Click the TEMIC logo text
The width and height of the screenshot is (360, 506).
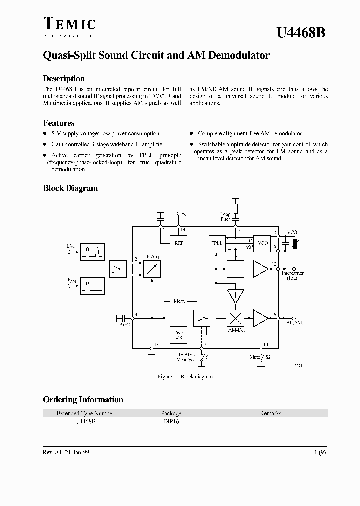69,24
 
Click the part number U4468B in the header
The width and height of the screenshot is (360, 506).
302,32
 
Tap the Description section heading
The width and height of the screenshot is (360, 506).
64,79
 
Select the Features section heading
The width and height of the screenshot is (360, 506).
59,123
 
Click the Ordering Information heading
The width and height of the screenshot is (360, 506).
83,399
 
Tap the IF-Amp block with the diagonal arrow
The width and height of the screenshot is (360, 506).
152,269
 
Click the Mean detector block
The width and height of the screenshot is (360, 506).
178,301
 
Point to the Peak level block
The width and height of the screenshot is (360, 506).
178,334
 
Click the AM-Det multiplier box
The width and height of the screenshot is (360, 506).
235,318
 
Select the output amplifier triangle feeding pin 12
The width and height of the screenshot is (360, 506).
261,269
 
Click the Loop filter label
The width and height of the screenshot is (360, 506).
225,216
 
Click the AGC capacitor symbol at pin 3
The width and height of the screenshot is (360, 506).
121,318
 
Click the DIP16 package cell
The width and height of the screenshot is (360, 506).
171,422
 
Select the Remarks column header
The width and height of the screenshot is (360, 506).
271,413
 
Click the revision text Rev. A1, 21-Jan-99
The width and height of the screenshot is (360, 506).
66,451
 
